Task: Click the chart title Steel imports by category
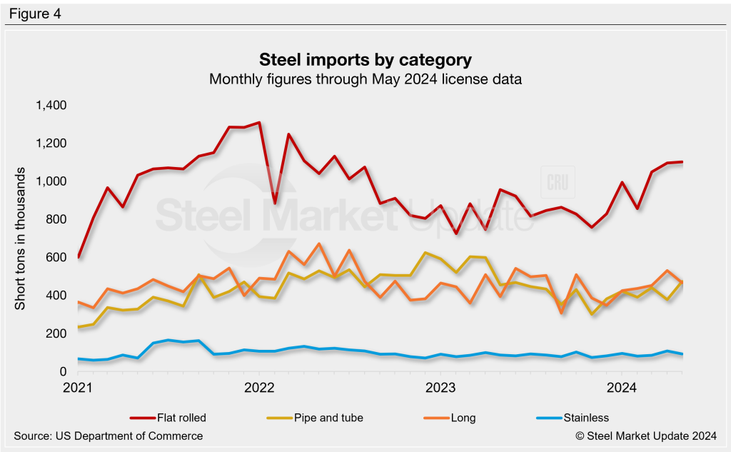(x=365, y=59)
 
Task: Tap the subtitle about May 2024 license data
(x=365, y=79)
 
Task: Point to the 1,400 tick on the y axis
(x=50, y=106)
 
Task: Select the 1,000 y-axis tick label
(x=50, y=182)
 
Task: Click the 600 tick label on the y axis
(x=56, y=258)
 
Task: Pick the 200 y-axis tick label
(x=56, y=334)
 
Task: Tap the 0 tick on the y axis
(x=63, y=372)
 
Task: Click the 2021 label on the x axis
(x=78, y=388)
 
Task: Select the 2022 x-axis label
(x=259, y=388)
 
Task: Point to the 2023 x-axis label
(x=440, y=388)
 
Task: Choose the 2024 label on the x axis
(x=621, y=388)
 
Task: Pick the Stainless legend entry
(x=570, y=418)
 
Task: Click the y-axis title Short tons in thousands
(x=21, y=239)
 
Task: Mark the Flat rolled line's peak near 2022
(x=258, y=123)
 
